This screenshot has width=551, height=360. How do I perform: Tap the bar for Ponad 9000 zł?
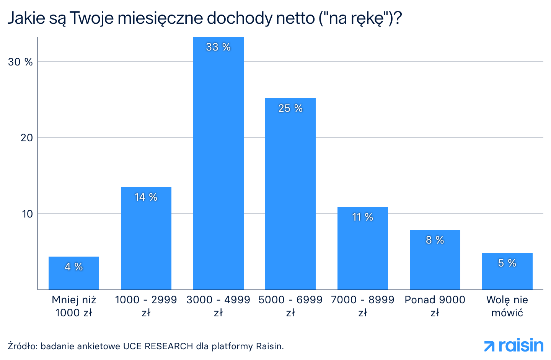(x=435, y=264)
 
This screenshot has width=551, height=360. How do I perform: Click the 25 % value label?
(x=290, y=108)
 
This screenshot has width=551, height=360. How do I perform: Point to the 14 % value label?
(x=146, y=197)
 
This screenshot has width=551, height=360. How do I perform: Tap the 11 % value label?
(x=362, y=217)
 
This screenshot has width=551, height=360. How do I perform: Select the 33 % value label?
(x=218, y=47)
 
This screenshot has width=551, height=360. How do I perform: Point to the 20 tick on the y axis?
(x=26, y=137)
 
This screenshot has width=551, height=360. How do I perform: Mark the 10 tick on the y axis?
(x=27, y=214)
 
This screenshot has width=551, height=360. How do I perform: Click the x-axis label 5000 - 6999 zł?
(x=290, y=306)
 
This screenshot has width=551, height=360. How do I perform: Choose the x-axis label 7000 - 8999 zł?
(x=362, y=306)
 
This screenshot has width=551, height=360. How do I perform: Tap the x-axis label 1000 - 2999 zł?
(x=146, y=306)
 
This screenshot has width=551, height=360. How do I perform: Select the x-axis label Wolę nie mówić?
(x=507, y=306)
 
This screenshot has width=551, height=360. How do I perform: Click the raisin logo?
(x=514, y=345)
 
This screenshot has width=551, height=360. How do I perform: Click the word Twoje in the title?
(x=92, y=18)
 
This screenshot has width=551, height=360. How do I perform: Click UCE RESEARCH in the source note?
(x=158, y=346)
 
